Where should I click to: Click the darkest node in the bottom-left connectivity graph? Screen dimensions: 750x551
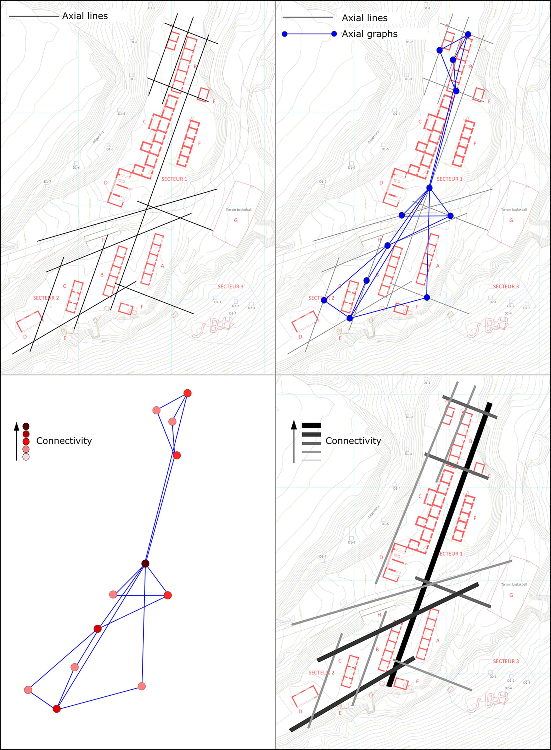(145, 564)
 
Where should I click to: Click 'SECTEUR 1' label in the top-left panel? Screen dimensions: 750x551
(174, 179)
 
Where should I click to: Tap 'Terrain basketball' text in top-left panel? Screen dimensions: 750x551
(238, 210)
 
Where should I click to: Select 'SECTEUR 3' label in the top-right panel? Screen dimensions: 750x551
(506, 287)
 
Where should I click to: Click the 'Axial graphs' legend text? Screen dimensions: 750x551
(370, 34)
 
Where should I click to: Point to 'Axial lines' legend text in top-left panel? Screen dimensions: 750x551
(85, 16)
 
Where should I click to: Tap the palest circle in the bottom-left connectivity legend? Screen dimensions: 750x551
(26, 457)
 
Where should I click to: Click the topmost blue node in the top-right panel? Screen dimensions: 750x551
(468, 34)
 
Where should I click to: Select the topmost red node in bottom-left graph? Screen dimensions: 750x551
(187, 393)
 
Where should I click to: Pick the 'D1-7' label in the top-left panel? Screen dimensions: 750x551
(47, 182)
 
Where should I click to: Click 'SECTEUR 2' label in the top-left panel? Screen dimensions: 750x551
(46, 298)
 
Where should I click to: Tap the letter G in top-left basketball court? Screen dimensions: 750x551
(236, 220)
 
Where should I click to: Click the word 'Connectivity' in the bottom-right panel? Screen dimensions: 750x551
(353, 441)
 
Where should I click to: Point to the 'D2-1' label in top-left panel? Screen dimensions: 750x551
(218, 302)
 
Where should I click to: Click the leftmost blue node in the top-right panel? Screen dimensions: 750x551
(324, 300)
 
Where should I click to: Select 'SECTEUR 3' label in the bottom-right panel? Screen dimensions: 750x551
(506, 661)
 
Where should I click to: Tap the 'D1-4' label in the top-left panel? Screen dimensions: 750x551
(121, 114)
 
